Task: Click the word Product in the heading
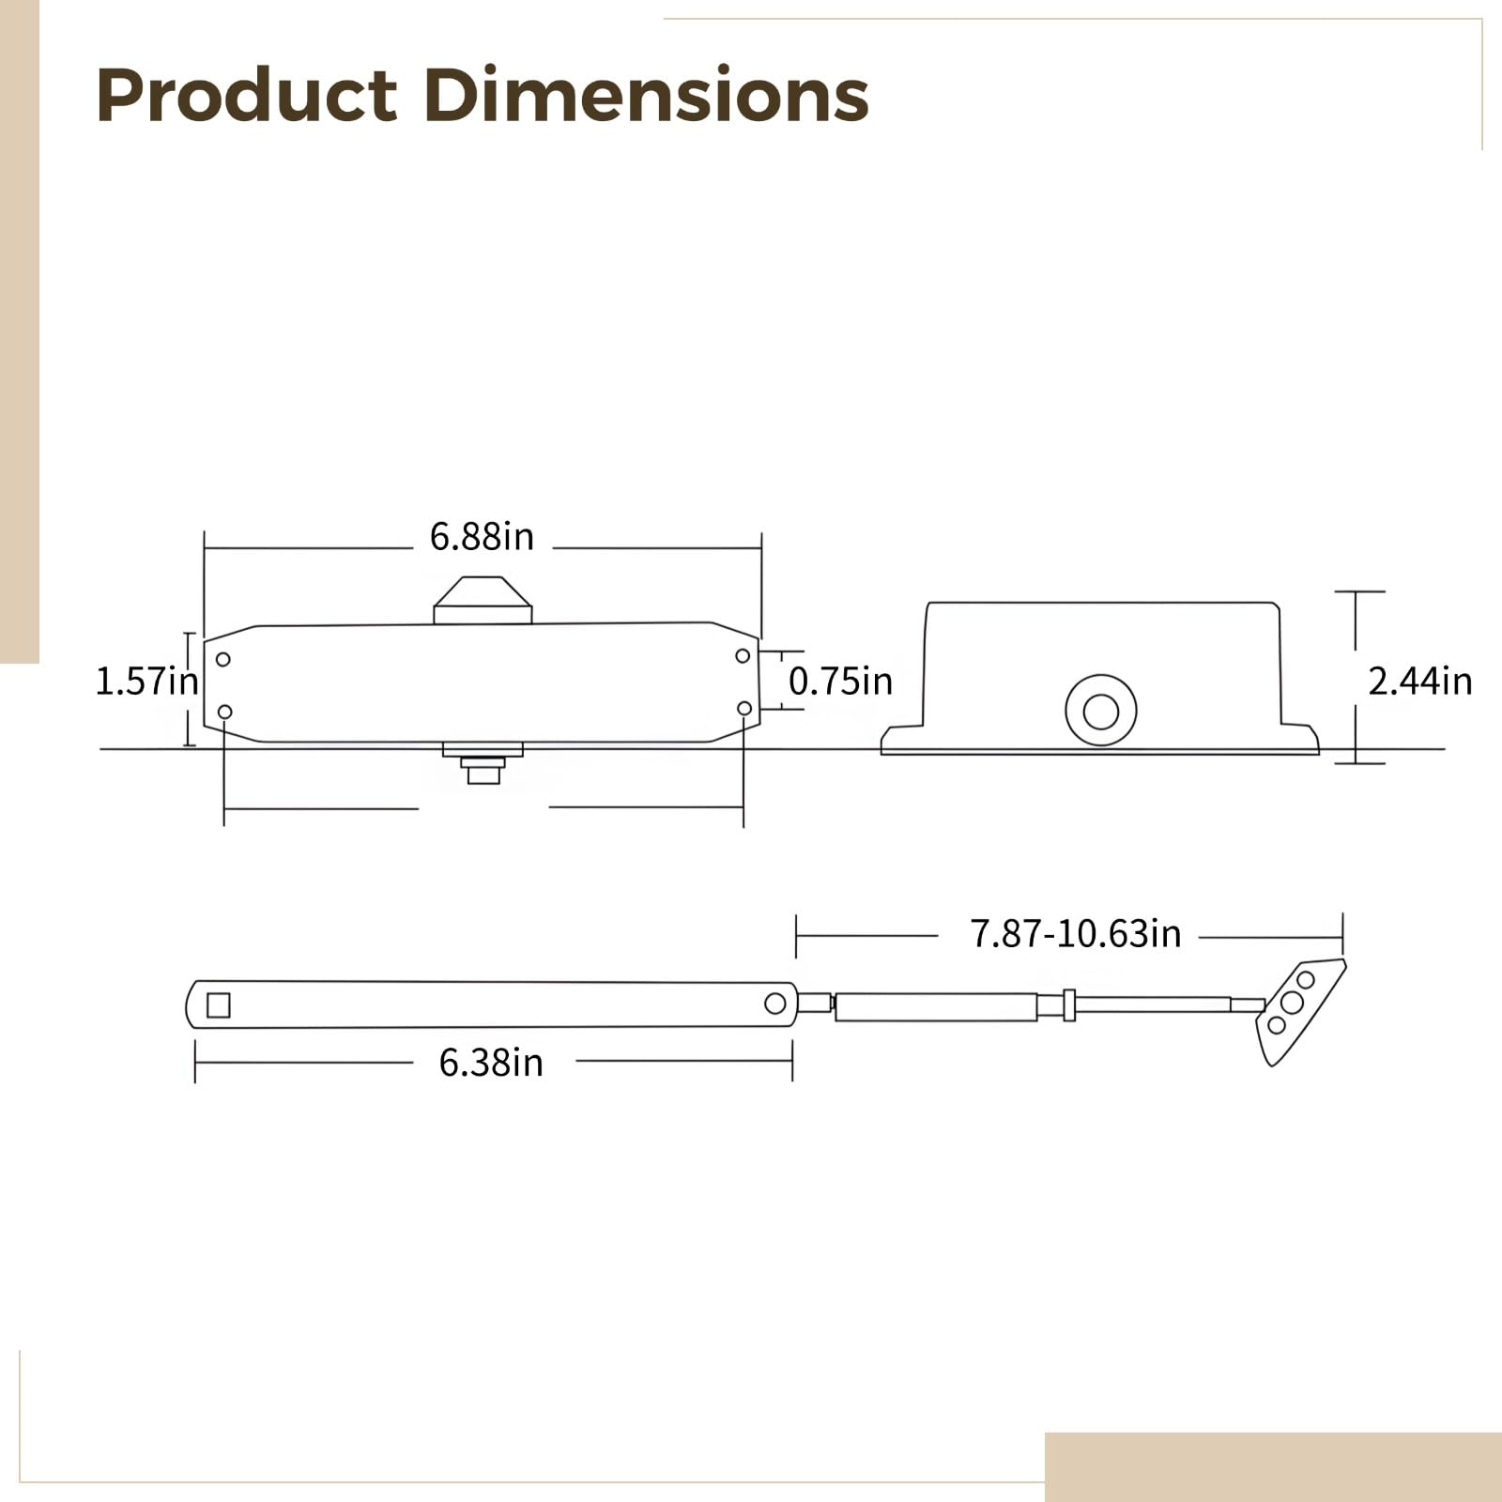point(247,95)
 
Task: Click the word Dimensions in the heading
point(646,95)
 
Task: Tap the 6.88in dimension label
point(482,537)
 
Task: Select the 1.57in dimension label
point(147,682)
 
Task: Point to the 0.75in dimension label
point(840,682)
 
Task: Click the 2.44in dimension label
point(1419,682)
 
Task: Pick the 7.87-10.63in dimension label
point(1075,934)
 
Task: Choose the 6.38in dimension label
point(491,1063)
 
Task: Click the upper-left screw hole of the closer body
point(222,659)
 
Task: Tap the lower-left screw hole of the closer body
point(224,712)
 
